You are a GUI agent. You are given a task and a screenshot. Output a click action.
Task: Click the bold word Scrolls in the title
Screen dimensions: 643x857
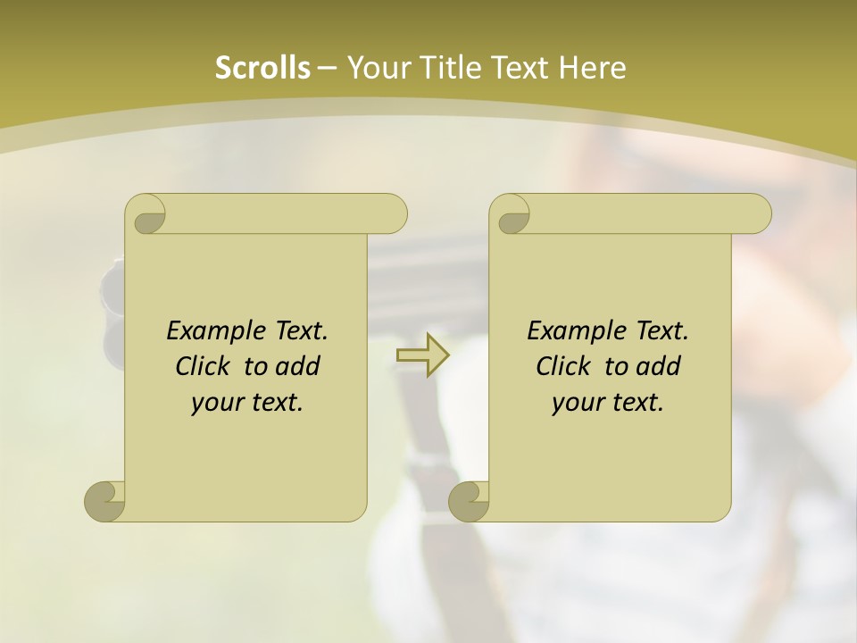pos(262,68)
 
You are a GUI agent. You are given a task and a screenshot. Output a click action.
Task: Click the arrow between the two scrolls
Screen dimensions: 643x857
pos(422,355)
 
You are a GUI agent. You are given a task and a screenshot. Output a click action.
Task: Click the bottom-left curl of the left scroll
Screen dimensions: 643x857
pos(105,501)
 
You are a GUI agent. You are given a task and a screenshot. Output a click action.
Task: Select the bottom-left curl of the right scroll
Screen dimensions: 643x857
pos(470,501)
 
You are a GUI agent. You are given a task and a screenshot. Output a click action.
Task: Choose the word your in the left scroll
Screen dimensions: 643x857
pos(215,403)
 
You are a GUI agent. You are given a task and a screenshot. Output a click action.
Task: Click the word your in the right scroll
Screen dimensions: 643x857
pos(576,403)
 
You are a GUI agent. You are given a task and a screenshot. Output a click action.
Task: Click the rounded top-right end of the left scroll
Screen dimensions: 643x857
pos(393,214)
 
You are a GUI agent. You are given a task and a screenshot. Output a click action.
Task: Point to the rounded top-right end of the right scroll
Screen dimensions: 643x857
pos(757,214)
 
